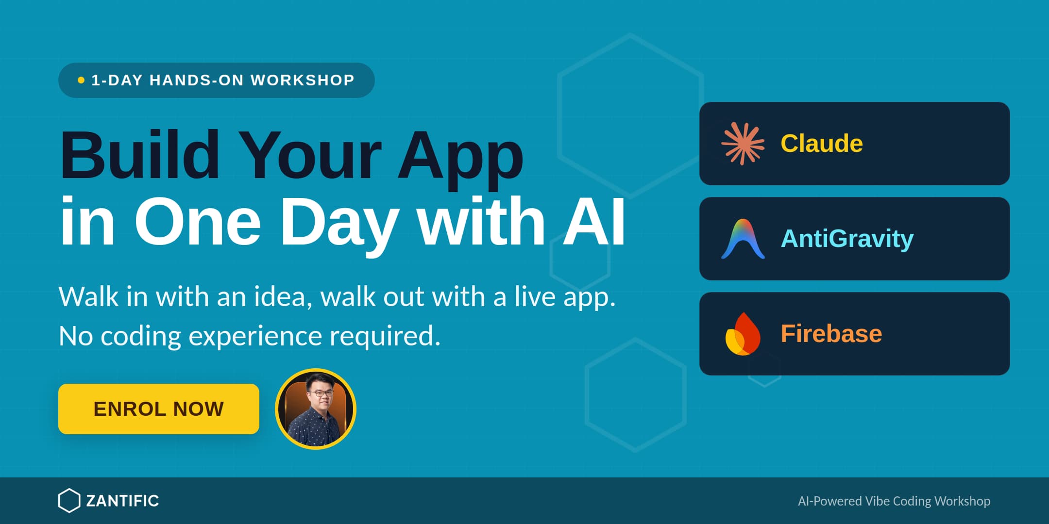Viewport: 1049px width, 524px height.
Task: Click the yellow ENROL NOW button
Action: pyautogui.click(x=158, y=409)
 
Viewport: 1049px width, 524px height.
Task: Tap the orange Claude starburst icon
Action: pyautogui.click(x=743, y=144)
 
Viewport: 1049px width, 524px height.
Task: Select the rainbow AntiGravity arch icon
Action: pyautogui.click(x=743, y=239)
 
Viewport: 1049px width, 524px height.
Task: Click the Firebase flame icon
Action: pyautogui.click(x=743, y=334)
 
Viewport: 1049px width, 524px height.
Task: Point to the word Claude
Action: pyautogui.click(x=821, y=144)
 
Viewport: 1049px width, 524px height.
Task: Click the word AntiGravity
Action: pyautogui.click(x=846, y=239)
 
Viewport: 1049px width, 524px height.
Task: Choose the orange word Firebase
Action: pyautogui.click(x=831, y=334)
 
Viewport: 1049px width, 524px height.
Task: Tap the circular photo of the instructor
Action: pyautogui.click(x=316, y=409)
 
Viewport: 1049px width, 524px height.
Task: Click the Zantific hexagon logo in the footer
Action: pyautogui.click(x=69, y=501)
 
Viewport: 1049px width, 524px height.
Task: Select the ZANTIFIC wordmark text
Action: pyautogui.click(x=122, y=501)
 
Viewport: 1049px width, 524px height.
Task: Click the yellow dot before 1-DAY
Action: pyautogui.click(x=81, y=80)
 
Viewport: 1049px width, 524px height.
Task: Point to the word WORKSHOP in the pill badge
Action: pyautogui.click(x=303, y=80)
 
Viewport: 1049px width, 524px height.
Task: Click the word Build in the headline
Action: pyautogui.click(x=139, y=155)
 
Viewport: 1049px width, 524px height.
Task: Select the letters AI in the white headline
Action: pyautogui.click(x=593, y=222)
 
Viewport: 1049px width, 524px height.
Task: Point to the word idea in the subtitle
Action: pyautogui.click(x=283, y=296)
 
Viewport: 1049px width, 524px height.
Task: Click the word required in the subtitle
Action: pyautogui.click(x=385, y=336)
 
